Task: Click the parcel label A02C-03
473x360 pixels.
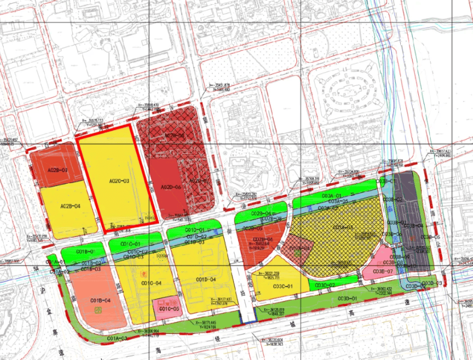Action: (119, 181)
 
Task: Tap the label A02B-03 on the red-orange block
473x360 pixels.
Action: (57, 170)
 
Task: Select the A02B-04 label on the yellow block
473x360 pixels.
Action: (70, 206)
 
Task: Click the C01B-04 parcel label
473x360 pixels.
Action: (100, 301)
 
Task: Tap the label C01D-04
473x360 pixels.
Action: (205, 279)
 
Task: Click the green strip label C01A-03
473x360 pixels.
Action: (117, 338)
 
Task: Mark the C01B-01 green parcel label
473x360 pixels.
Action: (85, 251)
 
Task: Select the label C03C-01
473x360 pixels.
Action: (283, 287)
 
